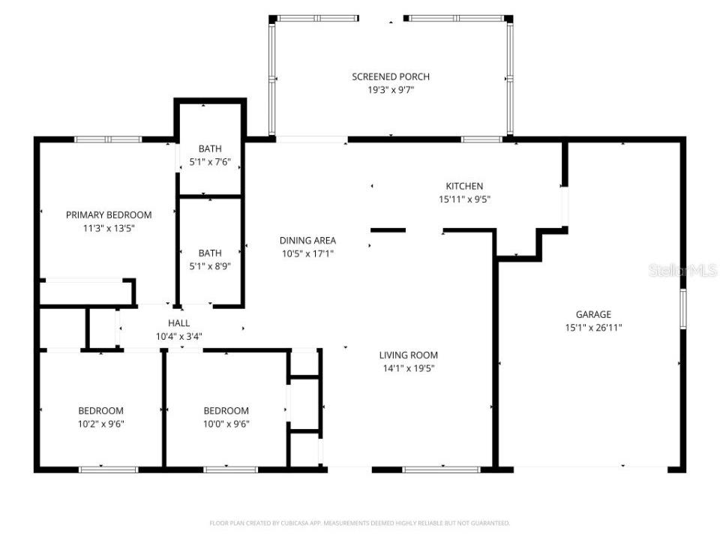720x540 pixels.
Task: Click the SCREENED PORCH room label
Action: pyautogui.click(x=391, y=76)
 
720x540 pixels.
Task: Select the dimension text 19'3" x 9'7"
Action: pyautogui.click(x=391, y=90)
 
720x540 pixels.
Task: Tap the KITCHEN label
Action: pyautogui.click(x=464, y=186)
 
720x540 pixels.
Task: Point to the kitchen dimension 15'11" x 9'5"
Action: pyautogui.click(x=464, y=199)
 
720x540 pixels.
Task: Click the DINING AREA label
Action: pyautogui.click(x=307, y=240)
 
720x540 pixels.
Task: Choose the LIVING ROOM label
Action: pyautogui.click(x=408, y=355)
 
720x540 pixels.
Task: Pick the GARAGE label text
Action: pyautogui.click(x=593, y=314)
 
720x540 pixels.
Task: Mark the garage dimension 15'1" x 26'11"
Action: pyautogui.click(x=593, y=328)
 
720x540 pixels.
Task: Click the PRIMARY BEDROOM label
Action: pyautogui.click(x=109, y=214)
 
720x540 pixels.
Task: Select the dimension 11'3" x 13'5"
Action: pyautogui.click(x=109, y=228)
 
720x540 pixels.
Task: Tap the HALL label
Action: pyautogui.click(x=178, y=323)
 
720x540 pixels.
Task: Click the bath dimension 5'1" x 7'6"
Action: pyautogui.click(x=210, y=162)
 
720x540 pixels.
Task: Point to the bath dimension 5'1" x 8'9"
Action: pyautogui.click(x=210, y=266)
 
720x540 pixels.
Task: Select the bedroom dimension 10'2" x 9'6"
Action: pyautogui.click(x=100, y=424)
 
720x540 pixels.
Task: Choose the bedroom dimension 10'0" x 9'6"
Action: pyautogui.click(x=226, y=424)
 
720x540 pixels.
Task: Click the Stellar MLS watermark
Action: pyautogui.click(x=682, y=271)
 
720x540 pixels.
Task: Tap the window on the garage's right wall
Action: pyautogui.click(x=682, y=308)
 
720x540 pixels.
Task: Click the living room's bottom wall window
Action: pyautogui.click(x=441, y=469)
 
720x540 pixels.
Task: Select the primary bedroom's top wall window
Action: pyautogui.click(x=108, y=139)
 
